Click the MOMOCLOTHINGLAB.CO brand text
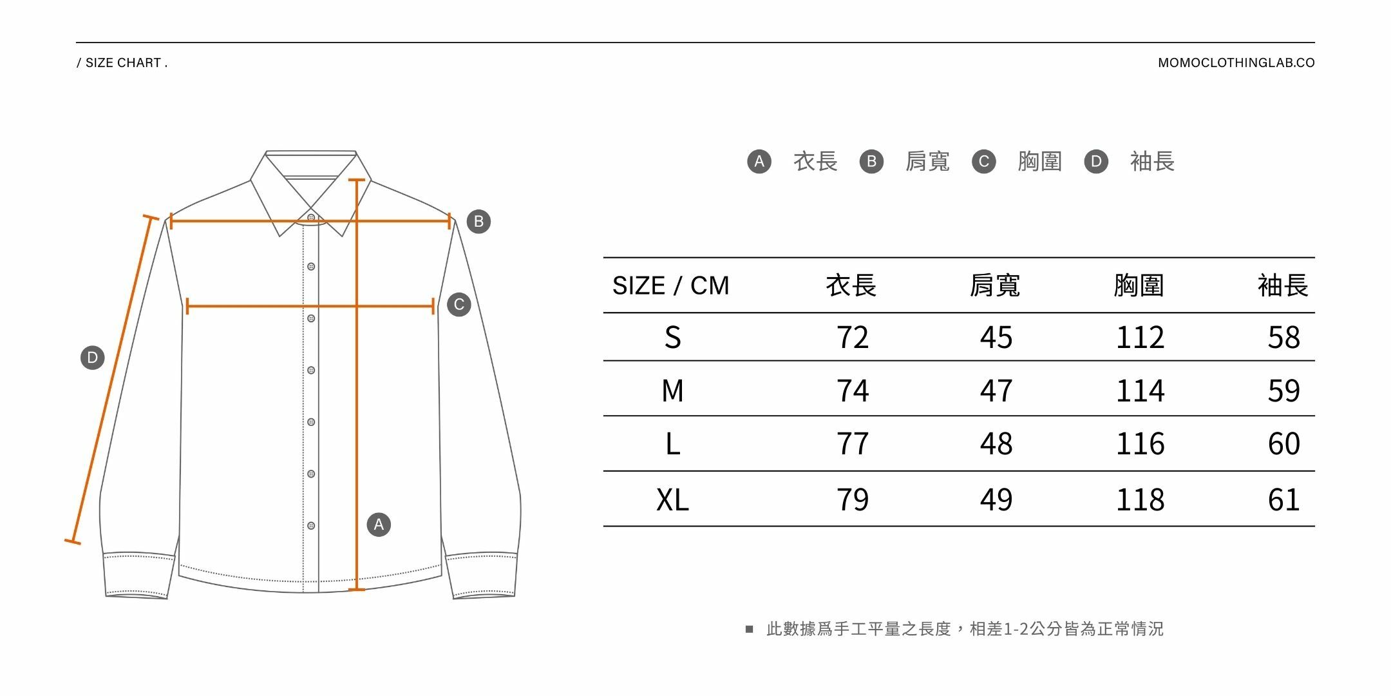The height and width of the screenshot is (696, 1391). coord(1236,63)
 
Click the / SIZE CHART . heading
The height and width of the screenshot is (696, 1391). coord(122,63)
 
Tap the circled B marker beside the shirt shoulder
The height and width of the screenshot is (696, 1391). coord(478,222)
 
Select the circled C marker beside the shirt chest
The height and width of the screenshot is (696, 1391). coord(459,305)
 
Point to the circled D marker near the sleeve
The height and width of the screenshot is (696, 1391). coord(92,358)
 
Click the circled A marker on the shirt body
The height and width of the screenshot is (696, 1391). coord(379,525)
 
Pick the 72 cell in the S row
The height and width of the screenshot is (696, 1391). coord(852,338)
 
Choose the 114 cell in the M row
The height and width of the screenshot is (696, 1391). coord(1140,391)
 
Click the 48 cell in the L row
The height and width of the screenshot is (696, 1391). coord(996,444)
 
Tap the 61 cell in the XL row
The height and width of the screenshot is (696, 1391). coord(1283,500)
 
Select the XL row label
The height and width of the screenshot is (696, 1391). coord(672,500)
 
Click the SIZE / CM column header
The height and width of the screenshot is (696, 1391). coord(670,285)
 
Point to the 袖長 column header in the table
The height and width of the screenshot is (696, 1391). coord(1283,285)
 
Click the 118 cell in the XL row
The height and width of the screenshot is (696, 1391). coord(1140,500)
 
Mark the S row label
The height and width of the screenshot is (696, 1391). coord(672,338)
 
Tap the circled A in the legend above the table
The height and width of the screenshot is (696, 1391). coord(759,161)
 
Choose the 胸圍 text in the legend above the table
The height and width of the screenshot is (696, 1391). coord(1039,161)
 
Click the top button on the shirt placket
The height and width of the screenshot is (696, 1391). coord(311,218)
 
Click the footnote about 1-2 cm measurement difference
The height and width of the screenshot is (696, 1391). coord(964,629)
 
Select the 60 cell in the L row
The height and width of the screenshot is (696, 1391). coord(1283,444)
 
